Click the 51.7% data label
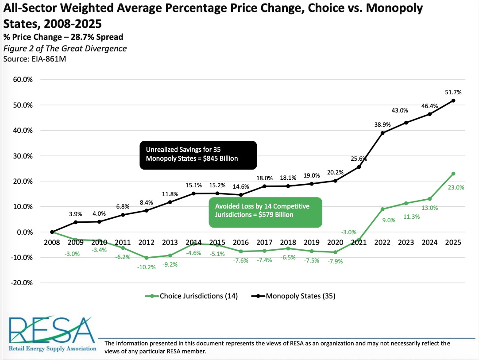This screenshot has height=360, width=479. point(453,92)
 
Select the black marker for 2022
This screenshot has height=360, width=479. point(382,133)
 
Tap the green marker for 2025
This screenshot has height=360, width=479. point(453,174)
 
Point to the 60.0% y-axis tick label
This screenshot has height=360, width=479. point(23,79)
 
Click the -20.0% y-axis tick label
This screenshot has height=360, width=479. point(21,283)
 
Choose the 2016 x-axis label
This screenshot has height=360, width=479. point(241,242)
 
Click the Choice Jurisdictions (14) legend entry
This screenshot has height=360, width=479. point(191,296)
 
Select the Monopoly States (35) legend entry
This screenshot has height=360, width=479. point(293,296)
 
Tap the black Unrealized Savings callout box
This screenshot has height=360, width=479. point(198,155)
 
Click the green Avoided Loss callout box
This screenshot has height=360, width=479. point(266,213)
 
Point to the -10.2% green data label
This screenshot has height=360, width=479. point(147,267)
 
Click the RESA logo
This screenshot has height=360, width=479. point(52,334)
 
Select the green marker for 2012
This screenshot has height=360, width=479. point(147,258)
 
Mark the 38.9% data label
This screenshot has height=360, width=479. point(382,125)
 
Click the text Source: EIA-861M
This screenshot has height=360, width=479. point(35,59)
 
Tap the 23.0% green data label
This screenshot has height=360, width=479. point(456,187)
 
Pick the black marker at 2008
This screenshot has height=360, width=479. point(52,232)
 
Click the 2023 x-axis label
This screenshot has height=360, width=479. point(406,242)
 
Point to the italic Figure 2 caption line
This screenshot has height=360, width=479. point(65,49)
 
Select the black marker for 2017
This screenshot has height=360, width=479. point(265,186)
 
